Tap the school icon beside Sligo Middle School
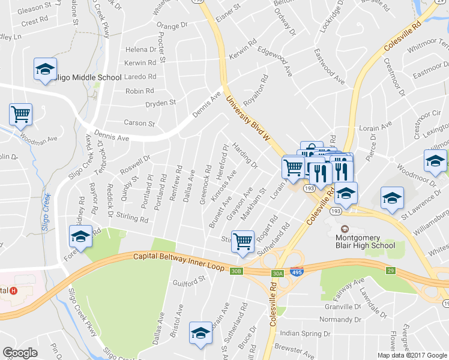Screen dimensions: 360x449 tap(45, 70)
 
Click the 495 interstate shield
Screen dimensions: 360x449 tap(296, 272)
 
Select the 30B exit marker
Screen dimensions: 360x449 tap(237, 272)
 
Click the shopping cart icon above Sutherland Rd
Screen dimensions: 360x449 tap(243, 242)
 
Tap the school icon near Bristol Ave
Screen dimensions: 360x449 tap(200, 333)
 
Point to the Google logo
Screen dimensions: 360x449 tap(20, 353)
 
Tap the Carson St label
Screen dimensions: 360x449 tap(139, 123)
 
